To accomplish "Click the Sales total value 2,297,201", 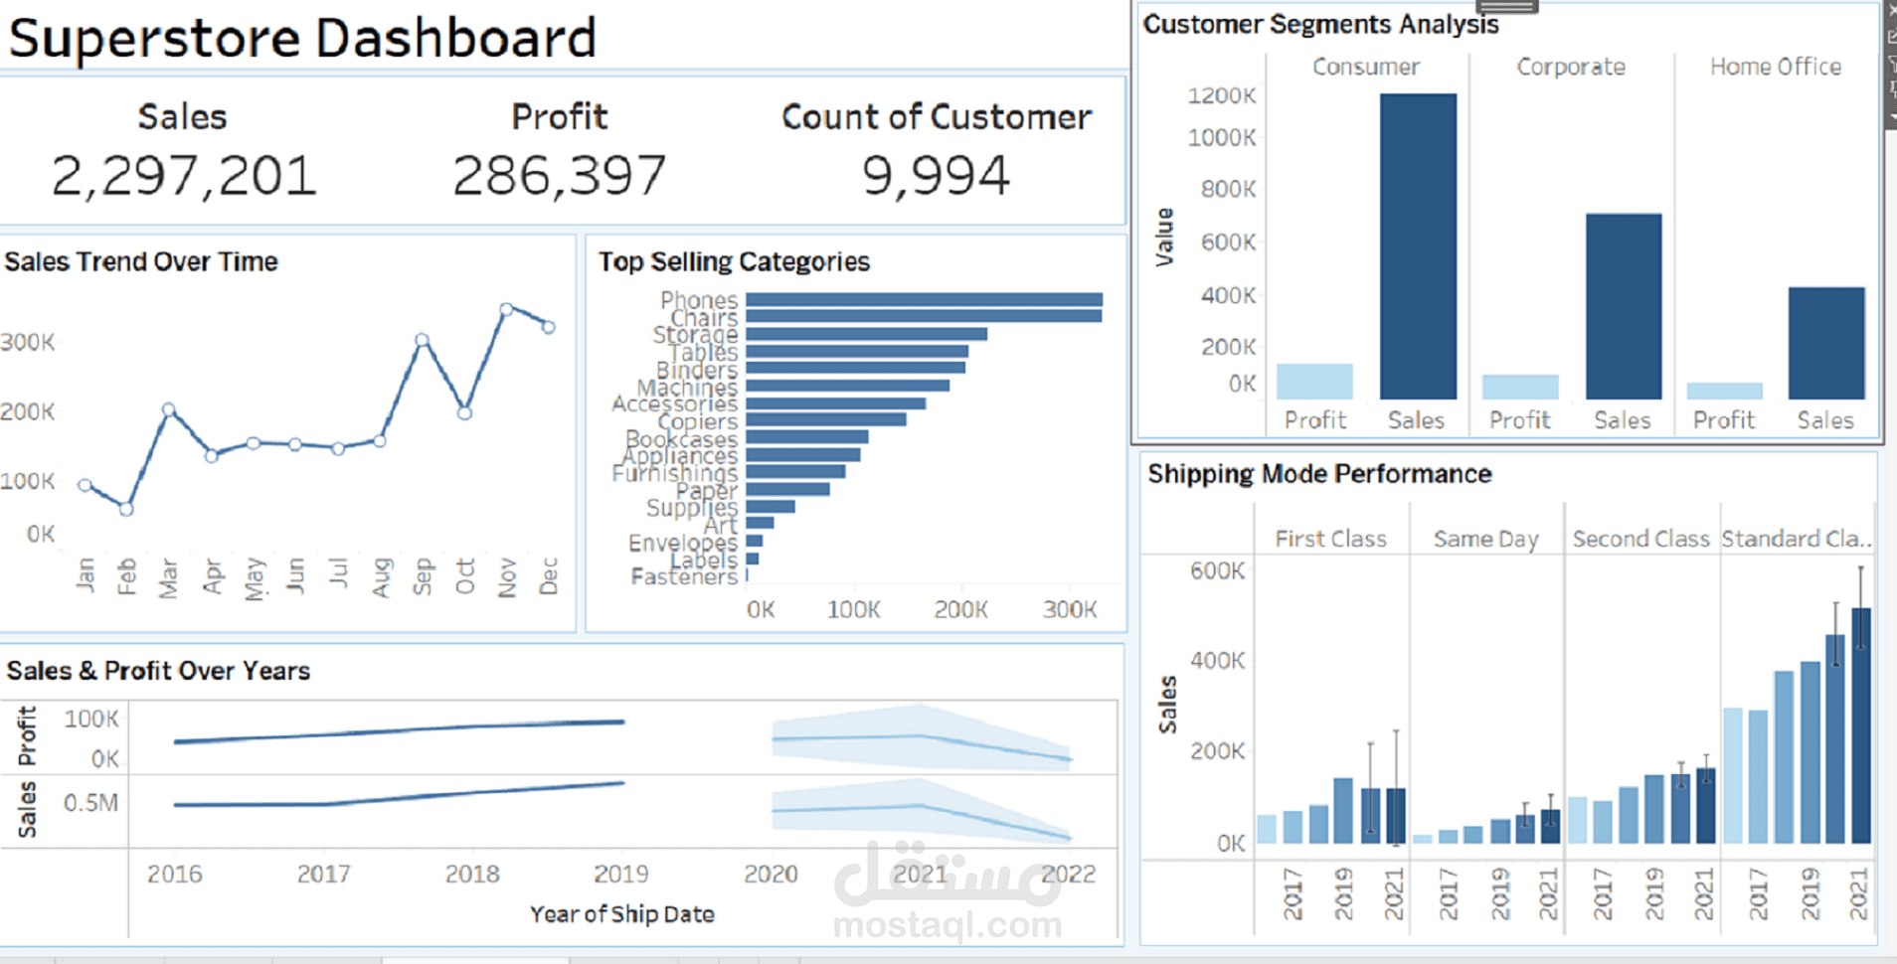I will click(x=184, y=176).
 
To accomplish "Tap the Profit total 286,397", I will click(x=559, y=176).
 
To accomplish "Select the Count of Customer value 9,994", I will click(x=936, y=176).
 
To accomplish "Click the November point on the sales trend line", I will click(x=506, y=310).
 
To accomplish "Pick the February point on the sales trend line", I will click(x=126, y=509).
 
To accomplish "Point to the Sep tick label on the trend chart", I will click(x=423, y=576).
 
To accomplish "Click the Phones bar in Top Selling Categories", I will click(x=924, y=299).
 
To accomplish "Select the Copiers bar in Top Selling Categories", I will click(x=825, y=420).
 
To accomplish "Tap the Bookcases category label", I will click(x=681, y=438).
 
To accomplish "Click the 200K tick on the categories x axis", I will click(x=960, y=609).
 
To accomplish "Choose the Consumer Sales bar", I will click(x=1418, y=246).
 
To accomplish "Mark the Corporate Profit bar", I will click(x=1520, y=387).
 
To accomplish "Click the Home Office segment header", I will click(x=1776, y=67).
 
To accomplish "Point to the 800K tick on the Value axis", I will click(x=1228, y=189).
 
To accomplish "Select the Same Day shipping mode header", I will click(x=1485, y=539).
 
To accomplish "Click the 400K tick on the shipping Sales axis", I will click(x=1217, y=660).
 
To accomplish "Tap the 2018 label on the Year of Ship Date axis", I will click(x=472, y=874).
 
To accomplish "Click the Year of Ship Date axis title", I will click(x=621, y=914).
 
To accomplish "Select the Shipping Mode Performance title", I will click(x=1319, y=474).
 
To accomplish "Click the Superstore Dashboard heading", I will click(x=302, y=38).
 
